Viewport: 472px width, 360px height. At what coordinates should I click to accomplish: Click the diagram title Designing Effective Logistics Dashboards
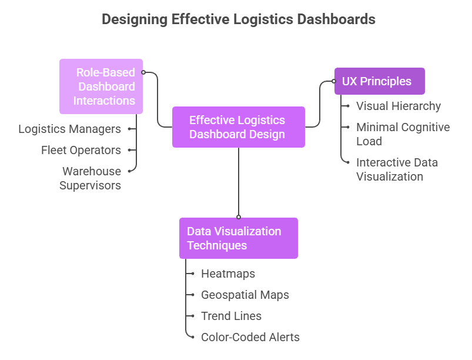[238, 19]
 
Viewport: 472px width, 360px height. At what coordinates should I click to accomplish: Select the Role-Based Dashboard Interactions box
[101, 86]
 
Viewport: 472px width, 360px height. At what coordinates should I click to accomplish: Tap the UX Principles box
[379, 81]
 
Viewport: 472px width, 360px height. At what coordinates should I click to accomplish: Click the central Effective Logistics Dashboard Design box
[238, 127]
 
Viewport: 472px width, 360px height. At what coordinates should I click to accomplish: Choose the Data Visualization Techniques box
[238, 238]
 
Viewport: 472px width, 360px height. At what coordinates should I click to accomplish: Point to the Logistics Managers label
[69, 129]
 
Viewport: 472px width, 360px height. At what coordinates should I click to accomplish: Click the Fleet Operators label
[81, 150]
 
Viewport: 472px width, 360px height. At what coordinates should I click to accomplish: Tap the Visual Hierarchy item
[399, 106]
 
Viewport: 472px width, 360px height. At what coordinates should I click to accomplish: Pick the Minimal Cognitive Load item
[403, 134]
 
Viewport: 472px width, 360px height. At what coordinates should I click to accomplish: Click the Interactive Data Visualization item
[397, 169]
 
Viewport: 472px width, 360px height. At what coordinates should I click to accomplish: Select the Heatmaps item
[228, 274]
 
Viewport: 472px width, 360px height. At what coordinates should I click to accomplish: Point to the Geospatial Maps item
[245, 295]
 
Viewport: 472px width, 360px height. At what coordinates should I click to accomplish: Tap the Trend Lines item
[231, 316]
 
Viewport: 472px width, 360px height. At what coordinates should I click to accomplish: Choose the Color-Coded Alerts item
[250, 337]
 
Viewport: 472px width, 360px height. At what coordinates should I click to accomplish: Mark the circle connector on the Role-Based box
[143, 72]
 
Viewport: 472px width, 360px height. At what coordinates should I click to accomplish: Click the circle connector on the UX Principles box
[334, 81]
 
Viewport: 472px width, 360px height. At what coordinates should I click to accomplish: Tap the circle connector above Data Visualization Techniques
[239, 217]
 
